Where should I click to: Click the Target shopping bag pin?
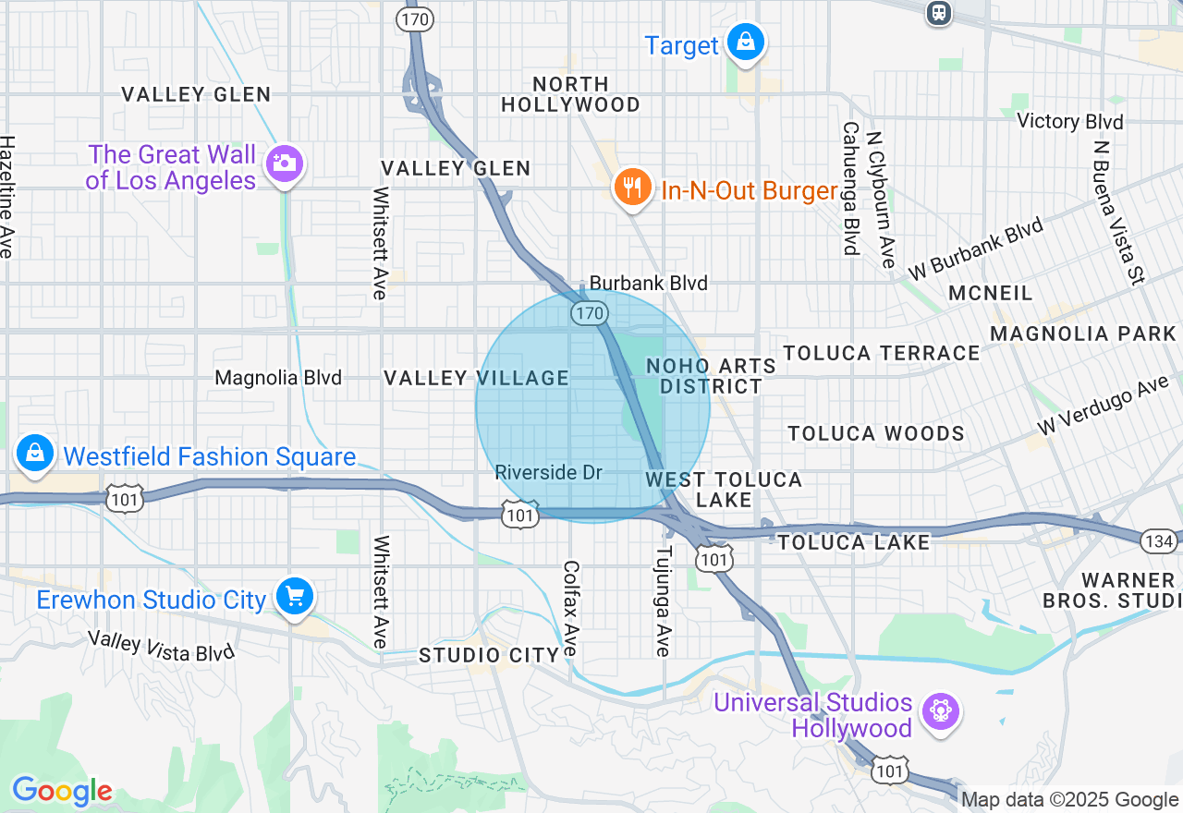coord(744,42)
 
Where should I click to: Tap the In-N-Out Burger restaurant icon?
coord(631,188)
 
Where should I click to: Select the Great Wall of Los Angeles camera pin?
coord(284,164)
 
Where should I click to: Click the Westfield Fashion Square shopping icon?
coord(34,454)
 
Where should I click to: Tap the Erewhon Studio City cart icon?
coord(295,597)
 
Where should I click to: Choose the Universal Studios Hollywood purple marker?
coord(942,711)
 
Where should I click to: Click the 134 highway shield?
coord(1158,540)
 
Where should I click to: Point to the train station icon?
coord(939,12)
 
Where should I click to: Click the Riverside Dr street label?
coord(548,473)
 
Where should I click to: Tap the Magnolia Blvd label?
coord(278,378)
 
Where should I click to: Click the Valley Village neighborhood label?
coord(476,378)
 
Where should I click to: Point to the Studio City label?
coord(489,655)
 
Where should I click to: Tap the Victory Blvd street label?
coord(1069,121)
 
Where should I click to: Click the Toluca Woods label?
coord(875,433)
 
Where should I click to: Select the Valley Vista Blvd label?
coord(161,645)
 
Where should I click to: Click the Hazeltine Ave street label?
coord(7,197)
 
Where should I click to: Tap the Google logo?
coord(62,792)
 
